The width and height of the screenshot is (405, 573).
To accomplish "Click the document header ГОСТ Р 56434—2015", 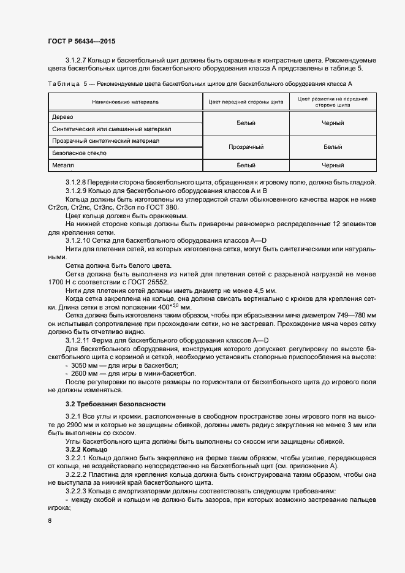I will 81,42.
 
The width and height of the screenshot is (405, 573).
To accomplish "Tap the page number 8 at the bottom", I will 50,521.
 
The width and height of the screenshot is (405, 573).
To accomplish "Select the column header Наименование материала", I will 125,102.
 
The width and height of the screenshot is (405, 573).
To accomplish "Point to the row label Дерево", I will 62,116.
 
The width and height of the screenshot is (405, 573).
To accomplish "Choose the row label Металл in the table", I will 64,165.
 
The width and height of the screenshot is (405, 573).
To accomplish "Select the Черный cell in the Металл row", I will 332,165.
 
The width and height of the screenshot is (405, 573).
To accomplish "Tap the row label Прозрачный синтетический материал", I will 106,141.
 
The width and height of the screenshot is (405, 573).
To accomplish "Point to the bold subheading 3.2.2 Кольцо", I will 86,450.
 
